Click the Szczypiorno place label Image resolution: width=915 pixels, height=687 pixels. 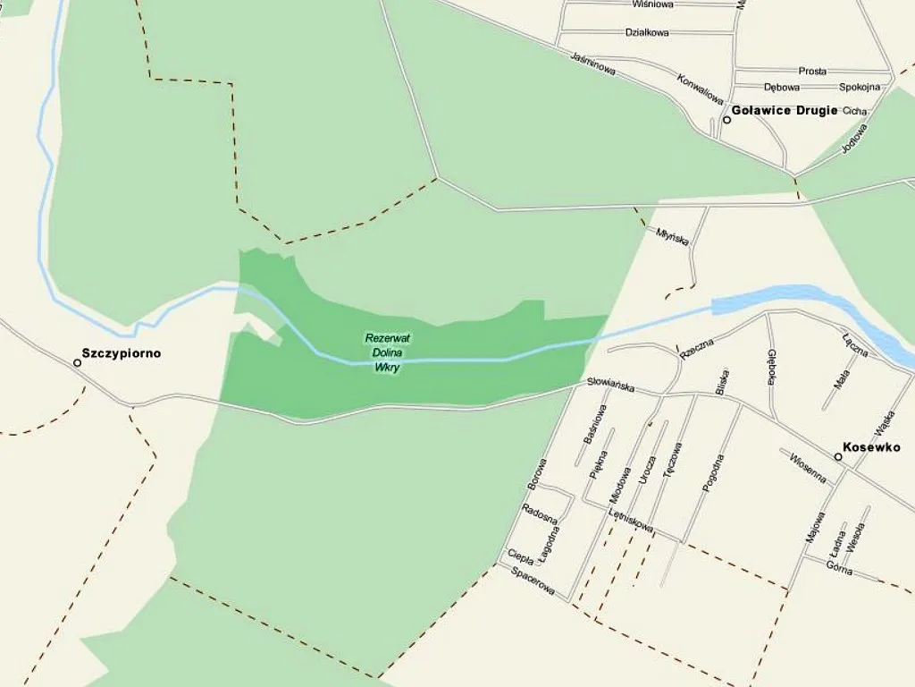pyautogui.click(x=122, y=353)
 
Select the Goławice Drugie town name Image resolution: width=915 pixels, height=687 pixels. pyautogui.click(x=785, y=111)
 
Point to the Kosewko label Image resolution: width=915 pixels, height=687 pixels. pyautogui.click(x=872, y=447)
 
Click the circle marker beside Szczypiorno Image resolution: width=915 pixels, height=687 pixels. pyautogui.click(x=77, y=362)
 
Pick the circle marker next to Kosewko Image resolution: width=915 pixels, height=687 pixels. pyautogui.click(x=838, y=457)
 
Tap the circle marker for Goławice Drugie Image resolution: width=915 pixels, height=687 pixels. pyautogui.click(x=727, y=120)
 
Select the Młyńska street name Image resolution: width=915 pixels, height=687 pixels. pyautogui.click(x=672, y=237)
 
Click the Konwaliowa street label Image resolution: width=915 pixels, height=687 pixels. pyautogui.click(x=700, y=89)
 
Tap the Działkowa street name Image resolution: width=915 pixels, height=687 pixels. pyautogui.click(x=648, y=33)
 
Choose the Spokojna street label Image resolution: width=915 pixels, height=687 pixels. pyautogui.click(x=860, y=88)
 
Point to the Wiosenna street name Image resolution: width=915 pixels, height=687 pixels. pyautogui.click(x=808, y=468)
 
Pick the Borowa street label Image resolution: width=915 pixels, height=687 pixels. pyautogui.click(x=537, y=475)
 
